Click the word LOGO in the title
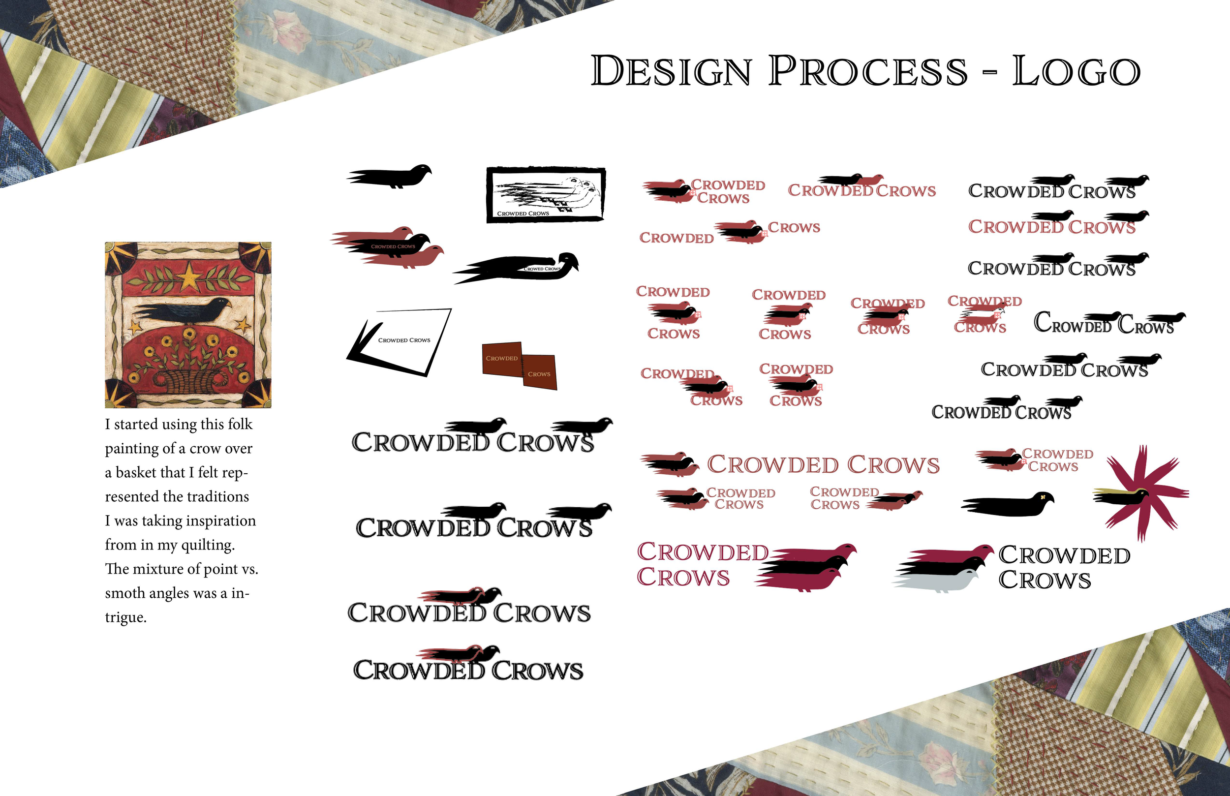[x=1076, y=71]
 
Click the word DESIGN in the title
[x=671, y=71]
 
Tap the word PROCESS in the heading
[x=868, y=71]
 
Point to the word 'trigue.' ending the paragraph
[x=125, y=617]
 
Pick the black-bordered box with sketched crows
[x=546, y=194]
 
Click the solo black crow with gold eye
[x=1008, y=504]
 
